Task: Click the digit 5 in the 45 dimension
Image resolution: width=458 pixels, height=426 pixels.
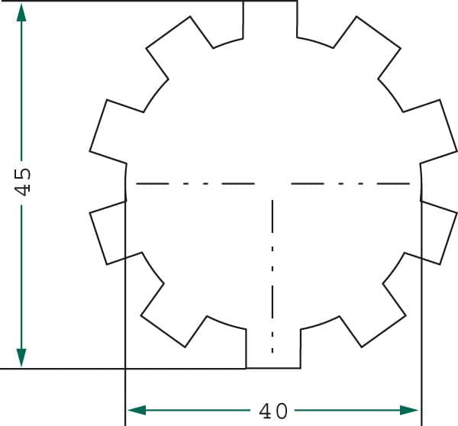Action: pos(22,174)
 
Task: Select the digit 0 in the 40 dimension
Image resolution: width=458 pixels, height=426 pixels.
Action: pos(282,411)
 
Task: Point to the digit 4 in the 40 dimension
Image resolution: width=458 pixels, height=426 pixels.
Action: pos(266,411)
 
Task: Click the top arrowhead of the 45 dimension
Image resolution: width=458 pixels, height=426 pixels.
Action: pos(21,12)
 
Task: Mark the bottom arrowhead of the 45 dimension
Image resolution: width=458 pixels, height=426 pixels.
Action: pos(21,357)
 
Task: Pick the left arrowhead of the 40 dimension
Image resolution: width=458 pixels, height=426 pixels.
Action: pos(137,410)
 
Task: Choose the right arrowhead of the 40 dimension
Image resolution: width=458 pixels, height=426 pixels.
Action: pos(408,410)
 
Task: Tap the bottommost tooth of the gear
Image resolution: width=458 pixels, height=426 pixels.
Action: pos(273,349)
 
